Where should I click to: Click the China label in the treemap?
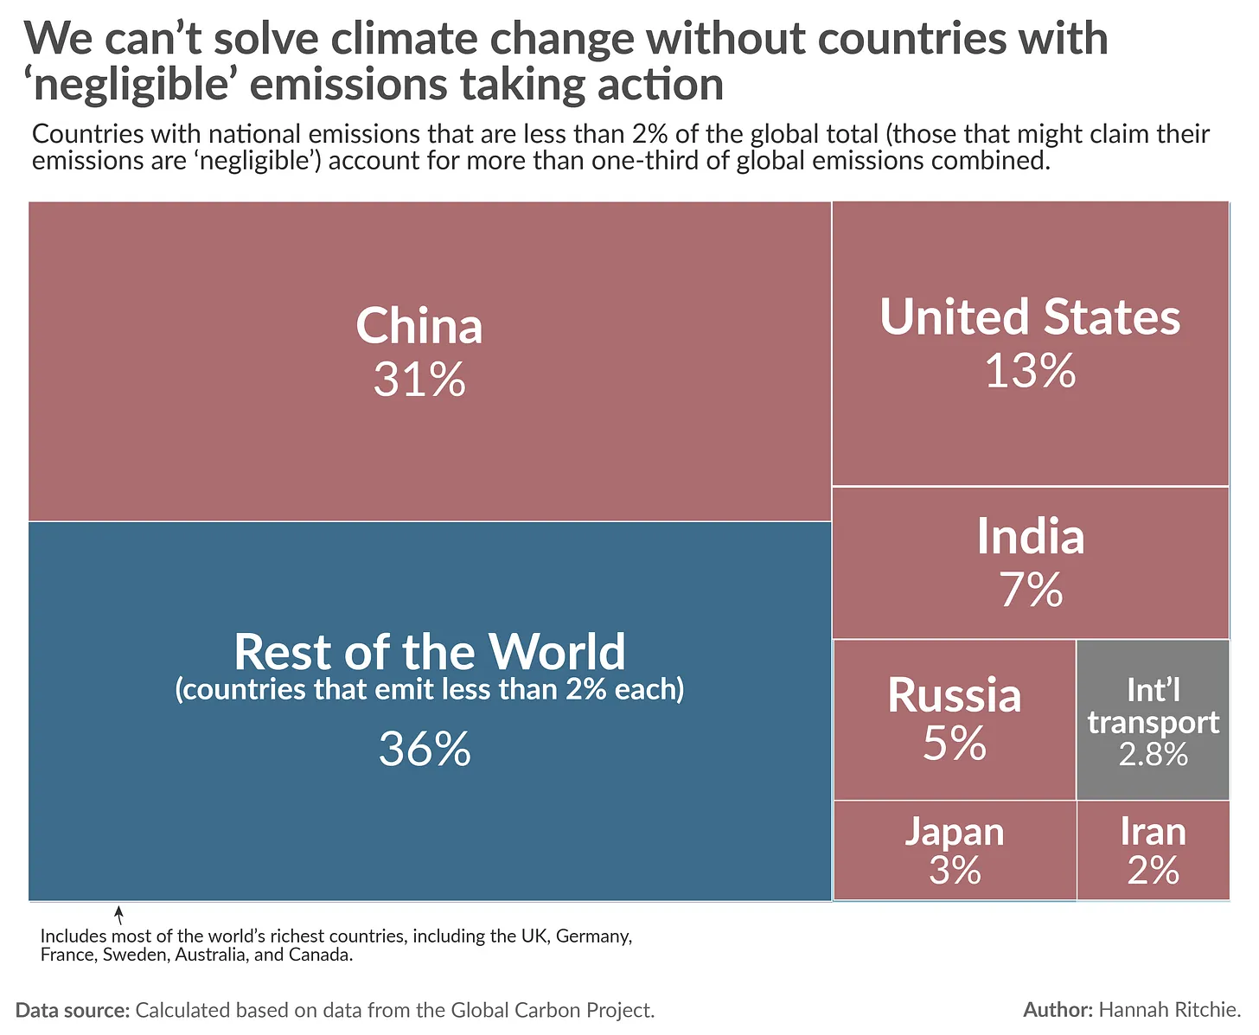pyautogui.click(x=419, y=327)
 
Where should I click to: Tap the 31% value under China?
pyautogui.click(x=419, y=380)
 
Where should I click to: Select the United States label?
pyautogui.click(x=1030, y=317)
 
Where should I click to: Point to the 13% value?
pyautogui.click(x=1030, y=371)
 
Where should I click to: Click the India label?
pyautogui.click(x=1030, y=537)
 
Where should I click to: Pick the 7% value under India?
pyautogui.click(x=1031, y=591)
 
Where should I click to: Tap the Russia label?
pyautogui.click(x=954, y=696)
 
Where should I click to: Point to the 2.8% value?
pyautogui.click(x=1153, y=755)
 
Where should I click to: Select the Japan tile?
pyautogui.click(x=955, y=850)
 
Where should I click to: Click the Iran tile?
pyautogui.click(x=1153, y=850)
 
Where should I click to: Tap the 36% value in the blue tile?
pyautogui.click(x=425, y=749)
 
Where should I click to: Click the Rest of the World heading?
pyautogui.click(x=430, y=652)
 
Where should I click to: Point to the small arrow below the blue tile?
pyautogui.click(x=119, y=914)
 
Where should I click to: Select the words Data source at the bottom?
pyautogui.click(x=73, y=1010)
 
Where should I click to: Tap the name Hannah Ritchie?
pyautogui.click(x=1170, y=1010)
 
